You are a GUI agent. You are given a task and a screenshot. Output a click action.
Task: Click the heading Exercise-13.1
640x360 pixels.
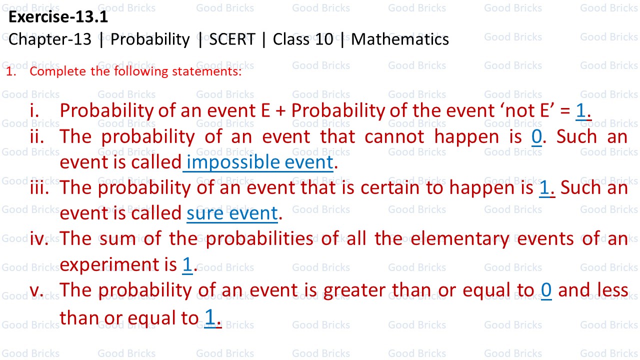(58, 17)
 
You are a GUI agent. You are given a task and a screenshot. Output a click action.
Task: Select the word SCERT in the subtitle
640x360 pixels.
(232, 39)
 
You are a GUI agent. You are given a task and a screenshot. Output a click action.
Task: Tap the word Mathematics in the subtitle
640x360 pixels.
(400, 39)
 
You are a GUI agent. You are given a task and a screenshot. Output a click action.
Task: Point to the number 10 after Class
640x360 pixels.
(324, 39)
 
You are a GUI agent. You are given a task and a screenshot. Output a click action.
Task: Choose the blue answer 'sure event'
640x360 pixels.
(232, 213)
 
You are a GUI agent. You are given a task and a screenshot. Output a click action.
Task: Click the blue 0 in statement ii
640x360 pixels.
(536, 136)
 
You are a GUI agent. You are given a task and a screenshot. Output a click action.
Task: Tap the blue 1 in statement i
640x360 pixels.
(580, 110)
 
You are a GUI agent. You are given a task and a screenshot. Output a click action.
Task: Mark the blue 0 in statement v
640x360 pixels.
(546, 290)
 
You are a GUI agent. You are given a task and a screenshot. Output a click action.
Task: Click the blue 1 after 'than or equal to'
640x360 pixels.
(210, 317)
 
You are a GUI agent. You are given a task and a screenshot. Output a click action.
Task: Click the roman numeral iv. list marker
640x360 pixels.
(39, 239)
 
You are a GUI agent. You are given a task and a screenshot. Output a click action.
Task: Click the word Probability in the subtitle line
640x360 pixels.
(150, 39)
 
